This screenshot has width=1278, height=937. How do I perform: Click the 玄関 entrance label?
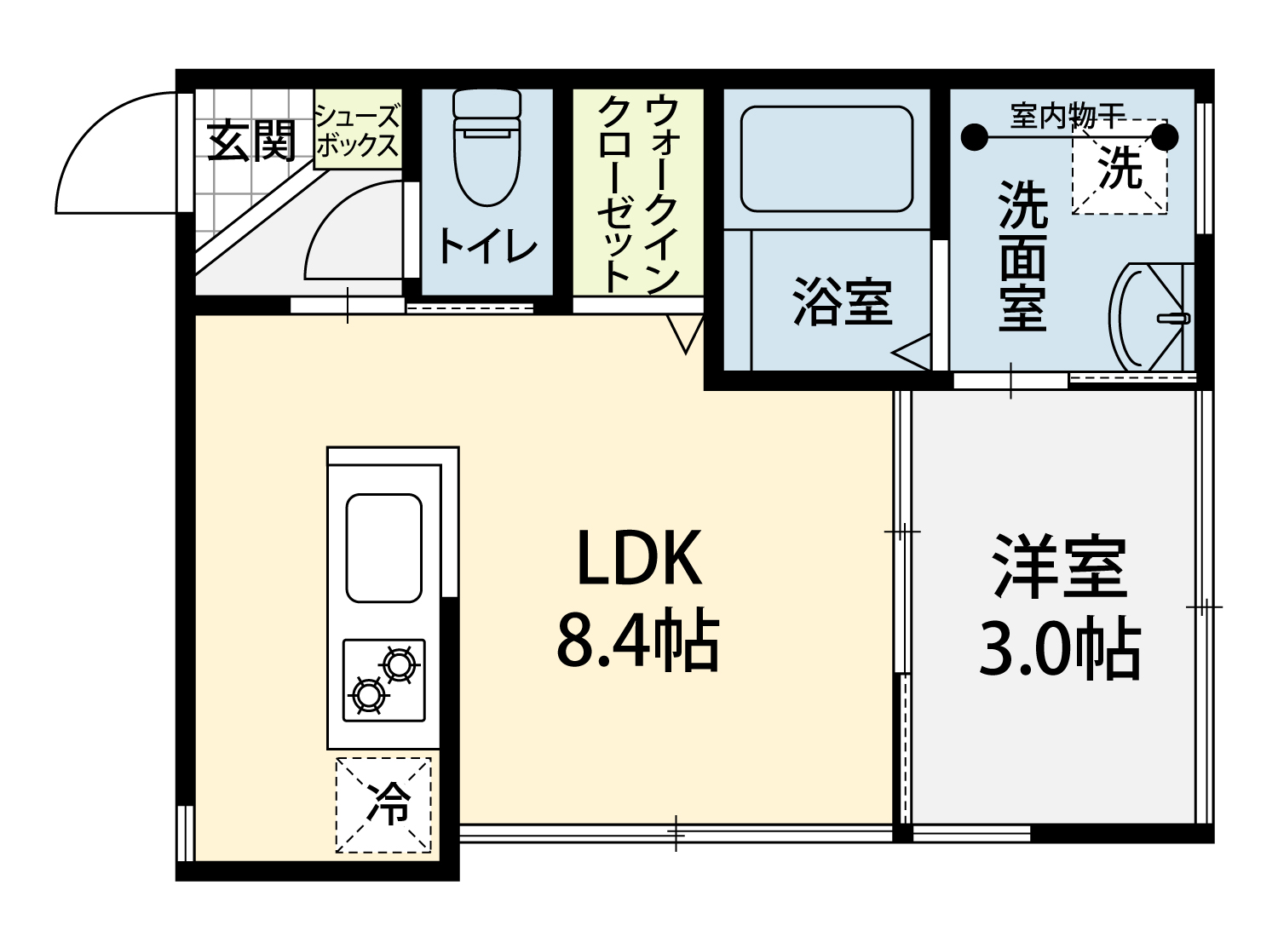(251, 141)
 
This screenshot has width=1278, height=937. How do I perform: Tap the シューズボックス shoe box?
(358, 129)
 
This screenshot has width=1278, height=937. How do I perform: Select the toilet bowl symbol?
(487, 147)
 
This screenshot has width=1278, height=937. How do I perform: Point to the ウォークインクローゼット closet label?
(638, 194)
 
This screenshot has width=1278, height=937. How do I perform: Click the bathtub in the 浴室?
(826, 159)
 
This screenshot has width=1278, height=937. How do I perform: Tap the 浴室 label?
(843, 302)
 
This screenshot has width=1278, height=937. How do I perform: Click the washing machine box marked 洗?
(1120, 167)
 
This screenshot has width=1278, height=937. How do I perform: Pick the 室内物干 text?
(1067, 117)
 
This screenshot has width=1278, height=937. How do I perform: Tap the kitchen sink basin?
(384, 548)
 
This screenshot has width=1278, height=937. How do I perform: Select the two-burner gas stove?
(384, 681)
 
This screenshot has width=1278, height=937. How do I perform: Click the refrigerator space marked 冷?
(383, 805)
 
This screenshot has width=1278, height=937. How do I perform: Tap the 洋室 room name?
(1060, 567)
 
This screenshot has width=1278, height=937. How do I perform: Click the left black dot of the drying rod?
(975, 137)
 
